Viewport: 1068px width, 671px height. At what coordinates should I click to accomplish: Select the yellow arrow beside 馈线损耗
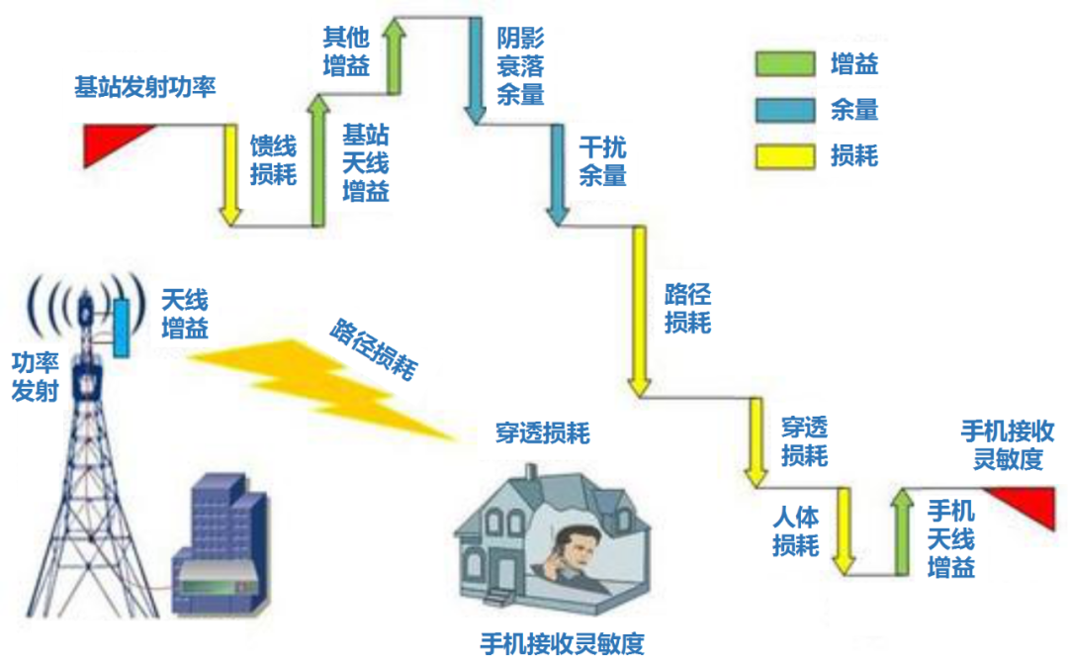tap(230, 174)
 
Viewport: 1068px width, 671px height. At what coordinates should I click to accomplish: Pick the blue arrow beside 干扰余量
tap(558, 174)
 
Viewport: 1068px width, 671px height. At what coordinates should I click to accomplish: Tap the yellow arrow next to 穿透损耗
tap(756, 441)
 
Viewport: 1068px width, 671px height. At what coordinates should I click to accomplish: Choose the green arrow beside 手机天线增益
tap(902, 529)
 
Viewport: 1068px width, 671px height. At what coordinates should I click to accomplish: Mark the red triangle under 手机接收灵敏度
tap(1028, 502)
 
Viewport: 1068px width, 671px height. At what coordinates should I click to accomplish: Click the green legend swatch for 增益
tap(784, 65)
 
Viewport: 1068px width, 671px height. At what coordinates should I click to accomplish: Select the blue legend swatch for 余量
tap(784, 110)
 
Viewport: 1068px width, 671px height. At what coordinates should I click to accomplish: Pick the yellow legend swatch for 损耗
tap(784, 155)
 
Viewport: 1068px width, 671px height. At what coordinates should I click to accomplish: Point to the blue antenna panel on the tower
tap(122, 327)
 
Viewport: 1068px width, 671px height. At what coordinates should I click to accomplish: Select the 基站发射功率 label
tap(144, 87)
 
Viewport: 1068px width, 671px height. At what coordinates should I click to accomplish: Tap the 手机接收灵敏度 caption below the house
tap(562, 644)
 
